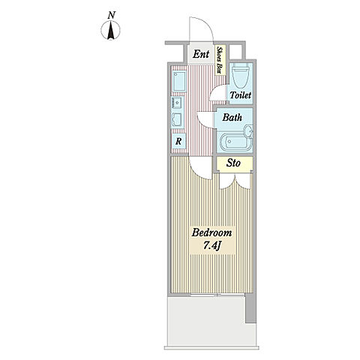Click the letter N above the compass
(112, 16)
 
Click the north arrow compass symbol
(110, 30)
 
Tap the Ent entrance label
(201, 54)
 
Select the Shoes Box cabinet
(220, 60)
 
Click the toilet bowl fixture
(240, 75)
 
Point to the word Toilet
(241, 95)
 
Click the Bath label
(232, 117)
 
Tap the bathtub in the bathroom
(234, 142)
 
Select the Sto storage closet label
(233, 163)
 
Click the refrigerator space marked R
(178, 142)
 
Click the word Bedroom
(211, 232)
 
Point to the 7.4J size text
(211, 246)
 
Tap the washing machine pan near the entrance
(179, 82)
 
